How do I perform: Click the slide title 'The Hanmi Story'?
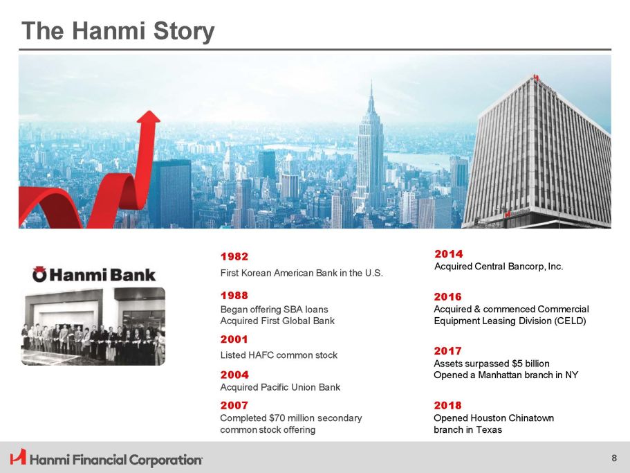[118, 31]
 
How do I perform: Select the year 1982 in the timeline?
[234, 257]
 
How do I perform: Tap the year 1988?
[234, 296]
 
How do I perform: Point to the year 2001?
[234, 339]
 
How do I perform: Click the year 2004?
[234, 375]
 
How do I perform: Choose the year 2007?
[234, 405]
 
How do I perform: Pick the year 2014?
[449, 254]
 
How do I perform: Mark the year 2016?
[448, 297]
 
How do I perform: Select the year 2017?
[448, 351]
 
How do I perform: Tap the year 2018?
[448, 405]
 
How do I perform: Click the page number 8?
[614, 458]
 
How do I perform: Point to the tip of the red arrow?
[149, 111]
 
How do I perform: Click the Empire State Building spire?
[371, 91]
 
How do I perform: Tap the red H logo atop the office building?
[535, 78]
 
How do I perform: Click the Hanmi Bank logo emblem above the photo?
[39, 274]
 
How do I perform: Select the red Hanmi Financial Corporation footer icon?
[18, 458]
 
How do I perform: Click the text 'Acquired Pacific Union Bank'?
[280, 387]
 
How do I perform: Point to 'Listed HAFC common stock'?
[279, 355]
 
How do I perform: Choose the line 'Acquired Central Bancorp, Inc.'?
[499, 267]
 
